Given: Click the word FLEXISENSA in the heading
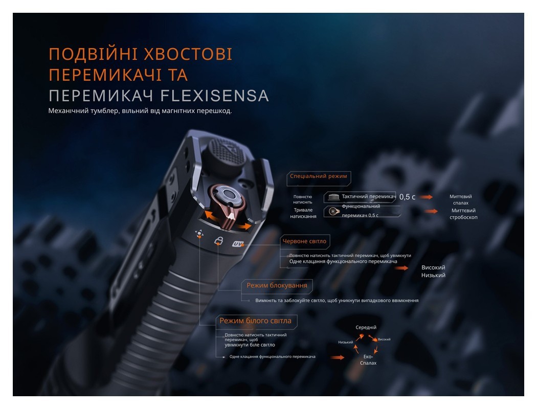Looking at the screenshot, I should pyautogui.click(x=215, y=96).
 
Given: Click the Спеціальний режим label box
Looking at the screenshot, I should pyautogui.click(x=319, y=176).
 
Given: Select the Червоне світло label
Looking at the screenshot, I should pyautogui.click(x=304, y=241).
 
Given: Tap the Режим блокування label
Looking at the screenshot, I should pyautogui.click(x=277, y=285).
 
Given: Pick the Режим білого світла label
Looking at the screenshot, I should pyautogui.click(x=255, y=321).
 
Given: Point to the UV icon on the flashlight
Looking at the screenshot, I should pyautogui.click(x=238, y=244).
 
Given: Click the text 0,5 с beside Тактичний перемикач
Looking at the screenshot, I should pyautogui.click(x=408, y=197).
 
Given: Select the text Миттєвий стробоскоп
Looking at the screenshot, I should pyautogui.click(x=463, y=214).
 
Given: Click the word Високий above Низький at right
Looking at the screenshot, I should pyautogui.click(x=433, y=267).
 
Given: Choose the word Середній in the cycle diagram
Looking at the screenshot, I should pyautogui.click(x=366, y=327).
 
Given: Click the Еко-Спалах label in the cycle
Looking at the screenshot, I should pyautogui.click(x=368, y=359).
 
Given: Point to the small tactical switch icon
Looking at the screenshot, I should pyautogui.click(x=333, y=197).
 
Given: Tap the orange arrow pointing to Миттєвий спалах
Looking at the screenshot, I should pyautogui.click(x=426, y=197).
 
